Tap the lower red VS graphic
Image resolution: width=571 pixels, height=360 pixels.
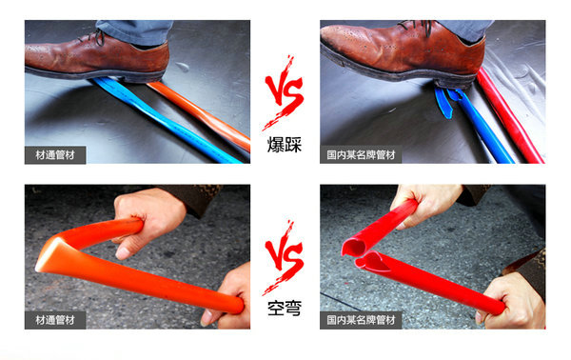[285, 265]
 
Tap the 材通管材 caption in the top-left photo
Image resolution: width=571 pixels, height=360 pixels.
[55, 154]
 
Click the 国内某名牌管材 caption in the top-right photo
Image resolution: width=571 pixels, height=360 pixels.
[363, 154]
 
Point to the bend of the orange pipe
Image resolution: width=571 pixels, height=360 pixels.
[52, 255]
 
